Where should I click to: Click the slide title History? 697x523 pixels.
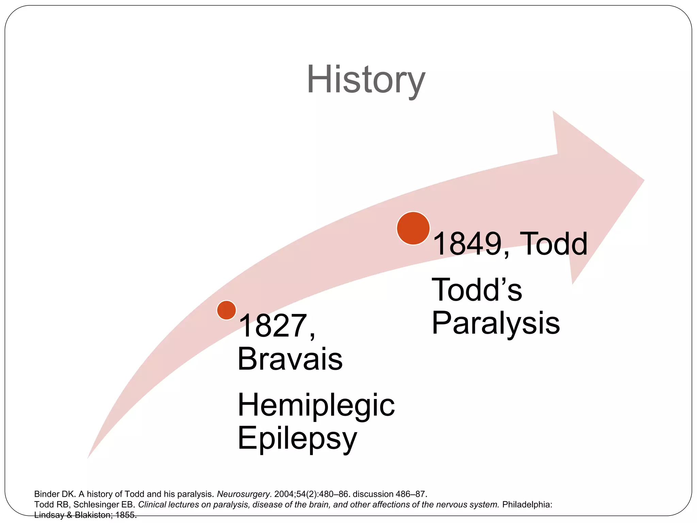[366, 80]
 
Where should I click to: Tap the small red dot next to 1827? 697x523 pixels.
[226, 310]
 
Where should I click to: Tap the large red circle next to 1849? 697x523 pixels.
[413, 228]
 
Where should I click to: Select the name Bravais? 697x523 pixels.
[290, 359]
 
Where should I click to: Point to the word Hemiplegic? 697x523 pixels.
[316, 405]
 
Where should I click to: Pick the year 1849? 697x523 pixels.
[468, 244]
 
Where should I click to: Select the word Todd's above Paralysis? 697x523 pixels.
[476, 290]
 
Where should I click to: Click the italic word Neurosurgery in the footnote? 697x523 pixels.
[244, 494]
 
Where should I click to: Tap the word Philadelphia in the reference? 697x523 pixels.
[527, 504]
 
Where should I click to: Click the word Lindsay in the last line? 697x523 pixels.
[49, 515]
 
